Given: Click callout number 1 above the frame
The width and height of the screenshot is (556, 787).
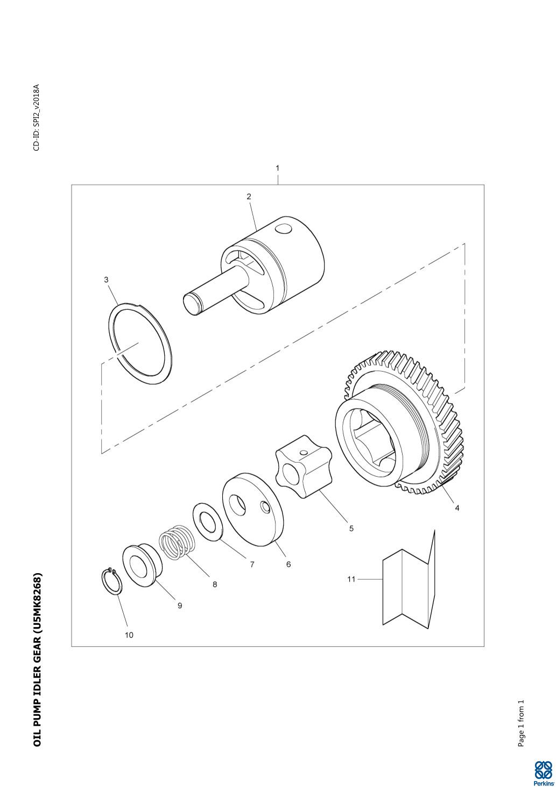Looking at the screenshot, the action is [278, 168].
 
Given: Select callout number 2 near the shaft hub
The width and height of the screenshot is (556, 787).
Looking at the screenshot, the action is [249, 197].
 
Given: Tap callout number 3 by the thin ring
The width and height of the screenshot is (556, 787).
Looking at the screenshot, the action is [107, 280].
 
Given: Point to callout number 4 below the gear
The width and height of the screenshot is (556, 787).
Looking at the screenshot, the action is [457, 507].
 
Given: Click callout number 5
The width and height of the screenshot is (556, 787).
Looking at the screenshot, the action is [351, 528].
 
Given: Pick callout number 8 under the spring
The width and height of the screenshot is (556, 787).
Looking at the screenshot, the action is [215, 584].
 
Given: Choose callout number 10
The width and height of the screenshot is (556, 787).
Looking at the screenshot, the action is [129, 635].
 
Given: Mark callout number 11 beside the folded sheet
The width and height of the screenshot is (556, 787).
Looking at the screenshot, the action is [351, 579].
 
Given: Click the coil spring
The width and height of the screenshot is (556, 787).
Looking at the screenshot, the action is [177, 542].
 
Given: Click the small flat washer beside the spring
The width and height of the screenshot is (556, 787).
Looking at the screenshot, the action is [206, 522].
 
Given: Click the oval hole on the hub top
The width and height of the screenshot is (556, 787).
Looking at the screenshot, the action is [284, 229].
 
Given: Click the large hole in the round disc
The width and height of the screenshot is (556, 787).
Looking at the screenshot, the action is [237, 505].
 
